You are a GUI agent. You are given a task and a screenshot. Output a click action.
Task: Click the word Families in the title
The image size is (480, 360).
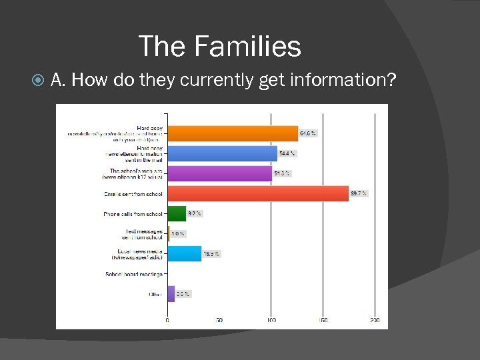248,47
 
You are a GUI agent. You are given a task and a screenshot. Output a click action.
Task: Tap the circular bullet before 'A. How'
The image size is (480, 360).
39,81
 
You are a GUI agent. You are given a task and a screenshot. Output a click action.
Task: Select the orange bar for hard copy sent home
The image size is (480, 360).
232,133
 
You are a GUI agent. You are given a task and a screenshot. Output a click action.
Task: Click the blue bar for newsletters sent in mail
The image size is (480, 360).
221,153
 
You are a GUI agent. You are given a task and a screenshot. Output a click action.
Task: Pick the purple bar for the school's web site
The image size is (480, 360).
219,173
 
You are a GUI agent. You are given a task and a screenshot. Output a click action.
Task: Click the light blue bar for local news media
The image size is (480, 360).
184,253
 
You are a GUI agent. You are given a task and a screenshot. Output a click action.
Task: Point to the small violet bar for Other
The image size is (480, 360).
171,293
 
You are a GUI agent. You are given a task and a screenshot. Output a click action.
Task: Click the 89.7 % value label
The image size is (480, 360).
359,193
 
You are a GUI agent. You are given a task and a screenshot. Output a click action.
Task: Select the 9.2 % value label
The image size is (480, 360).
195,213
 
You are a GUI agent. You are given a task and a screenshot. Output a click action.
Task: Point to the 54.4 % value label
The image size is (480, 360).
287,153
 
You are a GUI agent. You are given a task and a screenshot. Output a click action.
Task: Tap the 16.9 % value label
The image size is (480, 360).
211,254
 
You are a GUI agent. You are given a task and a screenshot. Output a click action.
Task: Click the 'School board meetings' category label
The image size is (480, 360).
133,274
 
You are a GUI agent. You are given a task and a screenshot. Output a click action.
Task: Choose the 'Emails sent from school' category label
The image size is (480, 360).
132,194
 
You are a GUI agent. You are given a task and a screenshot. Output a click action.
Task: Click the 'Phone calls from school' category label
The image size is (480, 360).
133,214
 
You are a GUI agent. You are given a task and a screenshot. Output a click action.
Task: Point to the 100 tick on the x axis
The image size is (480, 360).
271,321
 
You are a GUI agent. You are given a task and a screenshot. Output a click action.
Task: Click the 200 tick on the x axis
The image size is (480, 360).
375,321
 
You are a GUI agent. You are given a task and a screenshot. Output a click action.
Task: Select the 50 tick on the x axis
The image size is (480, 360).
219,321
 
